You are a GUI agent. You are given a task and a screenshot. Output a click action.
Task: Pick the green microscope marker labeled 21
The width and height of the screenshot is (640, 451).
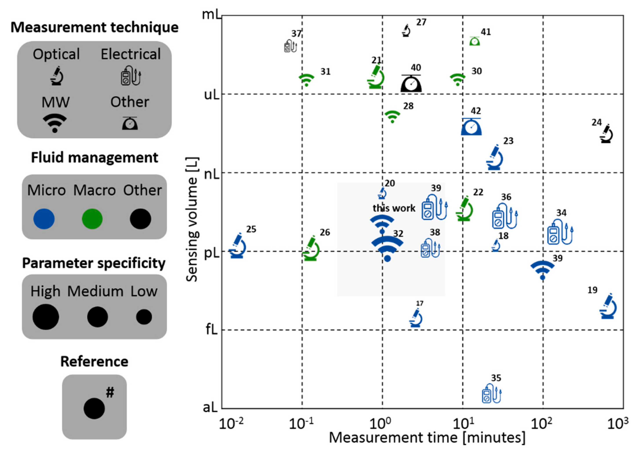click(376, 77)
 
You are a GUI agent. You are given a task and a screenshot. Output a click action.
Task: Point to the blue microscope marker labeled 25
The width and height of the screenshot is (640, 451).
click(238, 246)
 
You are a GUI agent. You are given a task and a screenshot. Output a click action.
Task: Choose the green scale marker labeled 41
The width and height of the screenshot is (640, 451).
click(474, 41)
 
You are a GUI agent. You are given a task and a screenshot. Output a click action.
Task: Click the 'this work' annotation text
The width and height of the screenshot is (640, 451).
click(394, 208)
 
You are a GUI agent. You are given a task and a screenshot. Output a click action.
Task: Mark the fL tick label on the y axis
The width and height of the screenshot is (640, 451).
click(211, 330)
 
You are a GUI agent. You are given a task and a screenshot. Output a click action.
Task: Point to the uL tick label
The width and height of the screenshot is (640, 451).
click(212, 95)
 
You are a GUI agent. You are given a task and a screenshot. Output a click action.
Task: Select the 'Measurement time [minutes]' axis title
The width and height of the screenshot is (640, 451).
click(427, 438)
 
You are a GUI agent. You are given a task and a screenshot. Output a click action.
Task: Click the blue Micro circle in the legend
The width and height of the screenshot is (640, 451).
click(44, 219)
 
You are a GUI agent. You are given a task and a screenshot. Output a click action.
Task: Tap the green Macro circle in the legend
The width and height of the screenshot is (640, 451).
click(92, 219)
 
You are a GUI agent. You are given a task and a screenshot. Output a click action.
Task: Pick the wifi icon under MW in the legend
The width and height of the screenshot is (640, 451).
click(55, 123)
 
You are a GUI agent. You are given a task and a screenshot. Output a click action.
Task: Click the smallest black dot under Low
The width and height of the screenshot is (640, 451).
click(144, 317)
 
